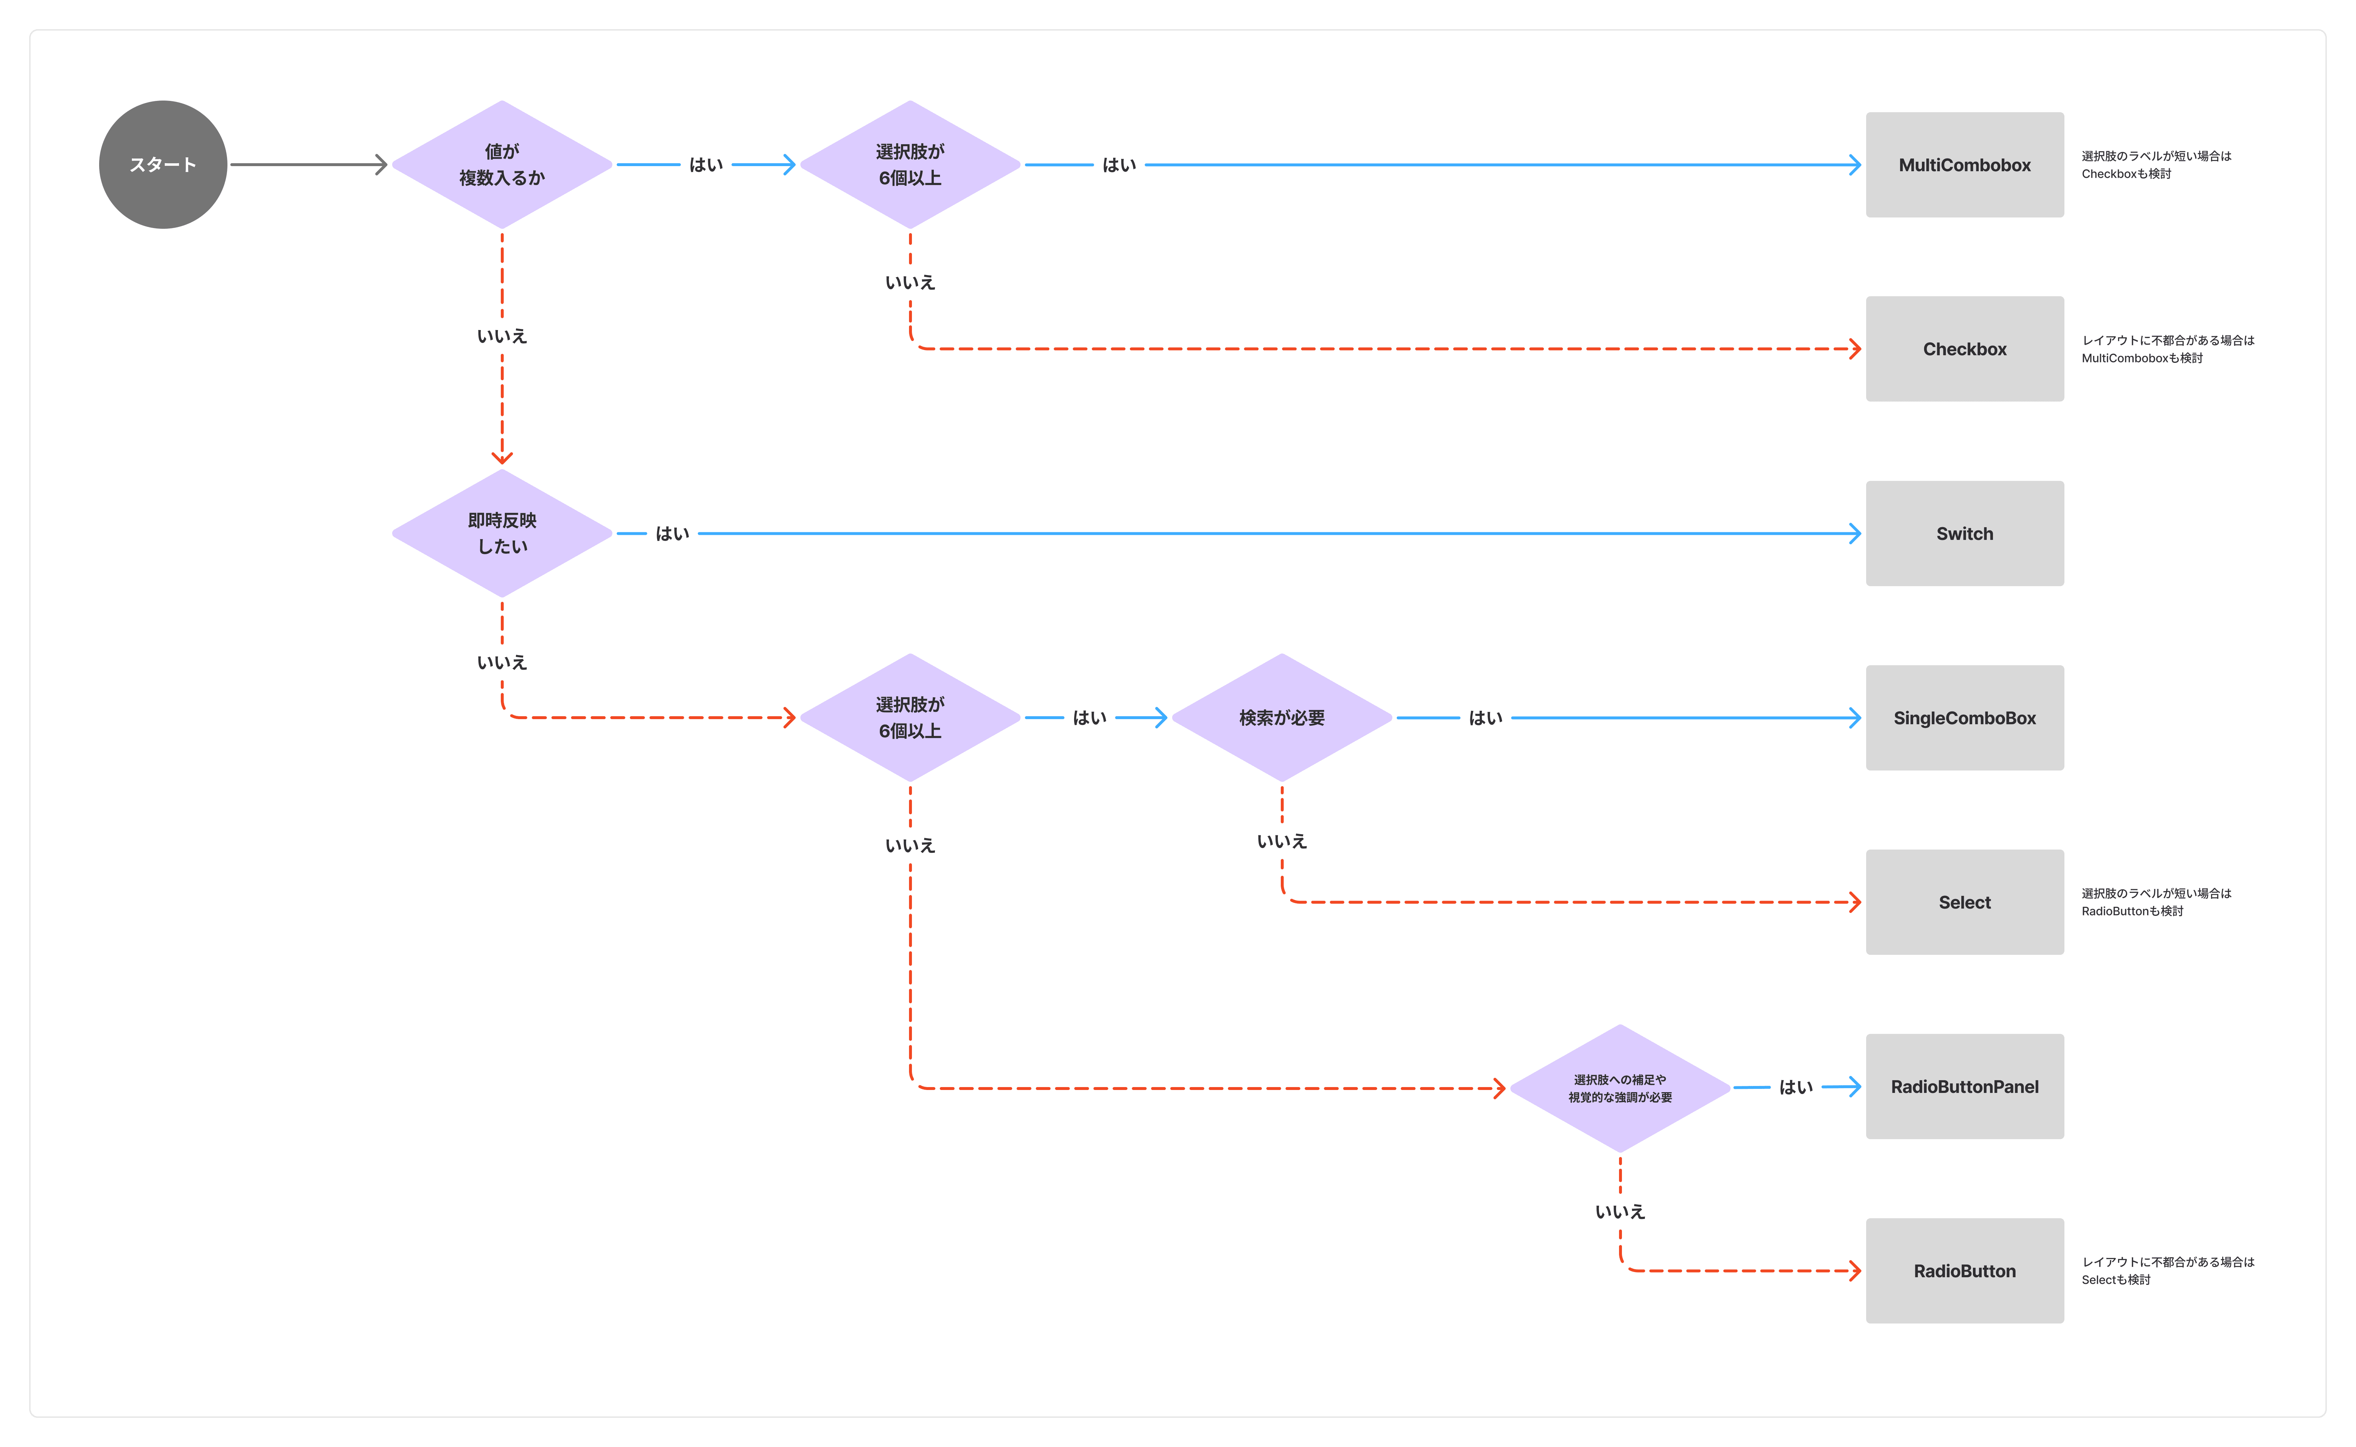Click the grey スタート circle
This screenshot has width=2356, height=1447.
tap(163, 165)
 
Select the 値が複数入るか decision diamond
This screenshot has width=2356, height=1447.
tap(502, 165)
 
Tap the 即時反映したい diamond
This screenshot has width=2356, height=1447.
tap(502, 533)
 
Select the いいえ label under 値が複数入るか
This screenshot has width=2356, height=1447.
tap(502, 336)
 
